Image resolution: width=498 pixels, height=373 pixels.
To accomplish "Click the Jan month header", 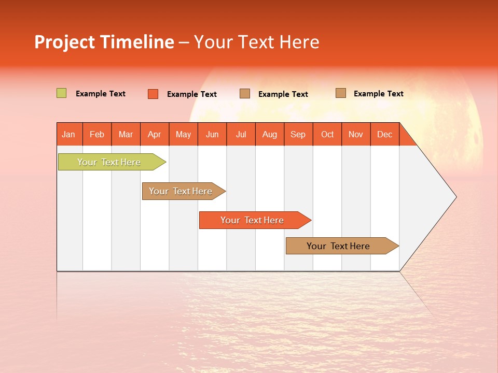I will click(68, 134).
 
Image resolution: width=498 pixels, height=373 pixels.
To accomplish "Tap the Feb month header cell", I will click(97, 134).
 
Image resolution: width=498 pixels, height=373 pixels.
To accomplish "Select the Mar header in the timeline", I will click(126, 134).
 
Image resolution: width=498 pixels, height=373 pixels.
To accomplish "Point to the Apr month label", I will click(155, 134).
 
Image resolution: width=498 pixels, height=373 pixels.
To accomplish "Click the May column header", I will click(183, 134).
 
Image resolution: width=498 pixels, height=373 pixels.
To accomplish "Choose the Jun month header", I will click(212, 134).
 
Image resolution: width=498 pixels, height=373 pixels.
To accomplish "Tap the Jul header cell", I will click(241, 134).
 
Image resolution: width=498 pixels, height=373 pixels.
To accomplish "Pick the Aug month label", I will click(270, 134).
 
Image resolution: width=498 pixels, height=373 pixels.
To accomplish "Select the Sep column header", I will click(298, 134).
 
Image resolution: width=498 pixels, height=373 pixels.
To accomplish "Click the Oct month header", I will click(327, 134).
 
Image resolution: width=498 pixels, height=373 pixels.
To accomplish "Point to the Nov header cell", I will click(356, 134).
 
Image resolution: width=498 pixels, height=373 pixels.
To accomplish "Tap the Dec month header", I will click(385, 134).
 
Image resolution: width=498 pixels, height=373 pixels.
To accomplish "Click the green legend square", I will click(62, 93).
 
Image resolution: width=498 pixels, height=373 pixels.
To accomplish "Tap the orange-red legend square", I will click(153, 94).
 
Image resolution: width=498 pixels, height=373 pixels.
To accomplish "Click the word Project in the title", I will click(65, 42).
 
